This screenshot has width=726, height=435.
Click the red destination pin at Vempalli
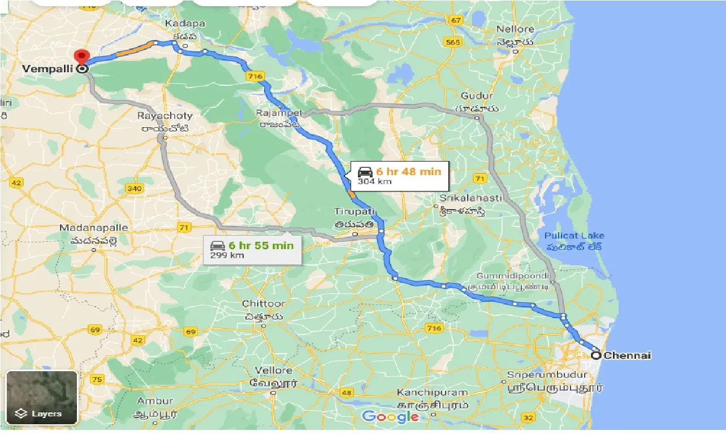[82, 56]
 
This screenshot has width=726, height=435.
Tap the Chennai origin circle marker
[596, 355]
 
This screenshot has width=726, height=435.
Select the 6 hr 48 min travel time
[408, 171]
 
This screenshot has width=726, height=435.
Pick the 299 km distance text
[227, 255]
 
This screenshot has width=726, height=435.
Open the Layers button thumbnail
[42, 397]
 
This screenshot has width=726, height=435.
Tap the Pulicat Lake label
[574, 236]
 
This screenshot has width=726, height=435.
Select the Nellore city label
[515, 29]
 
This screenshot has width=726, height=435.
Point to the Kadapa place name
[184, 24]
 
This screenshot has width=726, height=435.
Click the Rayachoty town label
[165, 116]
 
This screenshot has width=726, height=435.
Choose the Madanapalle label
[94, 228]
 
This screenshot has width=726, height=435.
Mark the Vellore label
[274, 371]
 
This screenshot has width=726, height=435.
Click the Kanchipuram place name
[432, 392]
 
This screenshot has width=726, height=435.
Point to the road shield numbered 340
[135, 188]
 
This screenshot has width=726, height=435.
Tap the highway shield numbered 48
[345, 393]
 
